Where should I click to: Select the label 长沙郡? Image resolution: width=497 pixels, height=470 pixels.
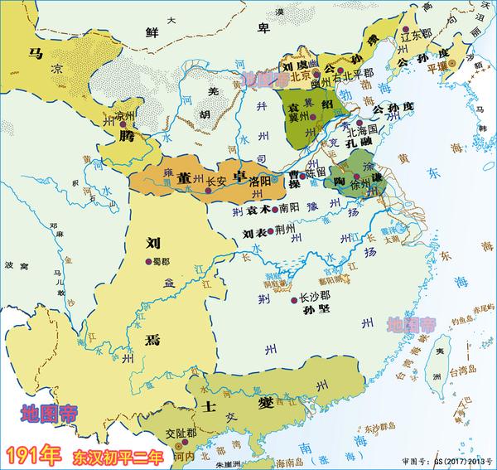tap(314, 295)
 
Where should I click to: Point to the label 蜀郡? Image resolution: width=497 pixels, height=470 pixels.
tap(157, 262)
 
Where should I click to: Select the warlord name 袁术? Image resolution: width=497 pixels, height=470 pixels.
tap(258, 209)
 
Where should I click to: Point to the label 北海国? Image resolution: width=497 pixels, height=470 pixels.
tap(361, 130)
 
